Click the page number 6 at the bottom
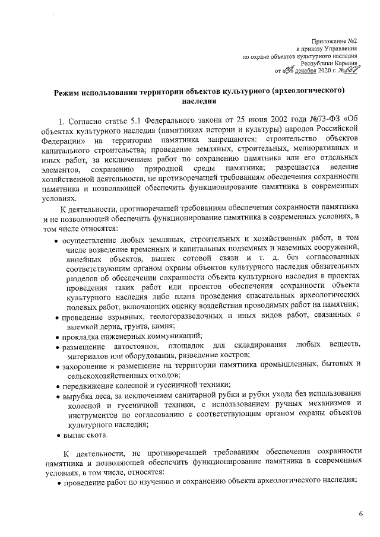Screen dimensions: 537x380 point(360,513)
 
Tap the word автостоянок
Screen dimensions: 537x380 point(132,345)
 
